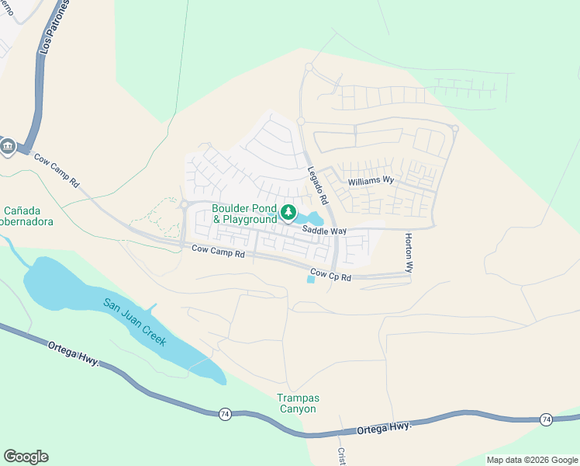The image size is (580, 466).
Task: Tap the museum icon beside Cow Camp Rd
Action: [8, 146]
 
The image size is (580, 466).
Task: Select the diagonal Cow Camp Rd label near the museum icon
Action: [57, 170]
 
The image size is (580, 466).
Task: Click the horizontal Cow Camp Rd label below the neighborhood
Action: [218, 252]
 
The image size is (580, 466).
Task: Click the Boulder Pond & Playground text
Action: [245, 213]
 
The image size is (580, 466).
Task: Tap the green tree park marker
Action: [288, 212]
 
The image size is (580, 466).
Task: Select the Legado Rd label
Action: [319, 187]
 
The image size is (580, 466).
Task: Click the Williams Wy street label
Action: [371, 181]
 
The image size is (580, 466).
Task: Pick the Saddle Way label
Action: [324, 231]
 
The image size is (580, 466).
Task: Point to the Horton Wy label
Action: [407, 252]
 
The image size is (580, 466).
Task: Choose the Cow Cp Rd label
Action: [331, 276]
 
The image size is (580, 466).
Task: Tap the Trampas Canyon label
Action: [297, 403]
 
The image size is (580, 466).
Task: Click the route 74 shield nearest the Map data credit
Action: [546, 419]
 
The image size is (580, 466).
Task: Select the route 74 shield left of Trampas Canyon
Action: [224, 414]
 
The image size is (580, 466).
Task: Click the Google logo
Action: [26, 457]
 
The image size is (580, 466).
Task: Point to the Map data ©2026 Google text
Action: [531, 460]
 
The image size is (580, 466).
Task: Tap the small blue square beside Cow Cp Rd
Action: [311, 280]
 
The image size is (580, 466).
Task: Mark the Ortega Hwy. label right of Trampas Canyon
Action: [383, 427]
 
